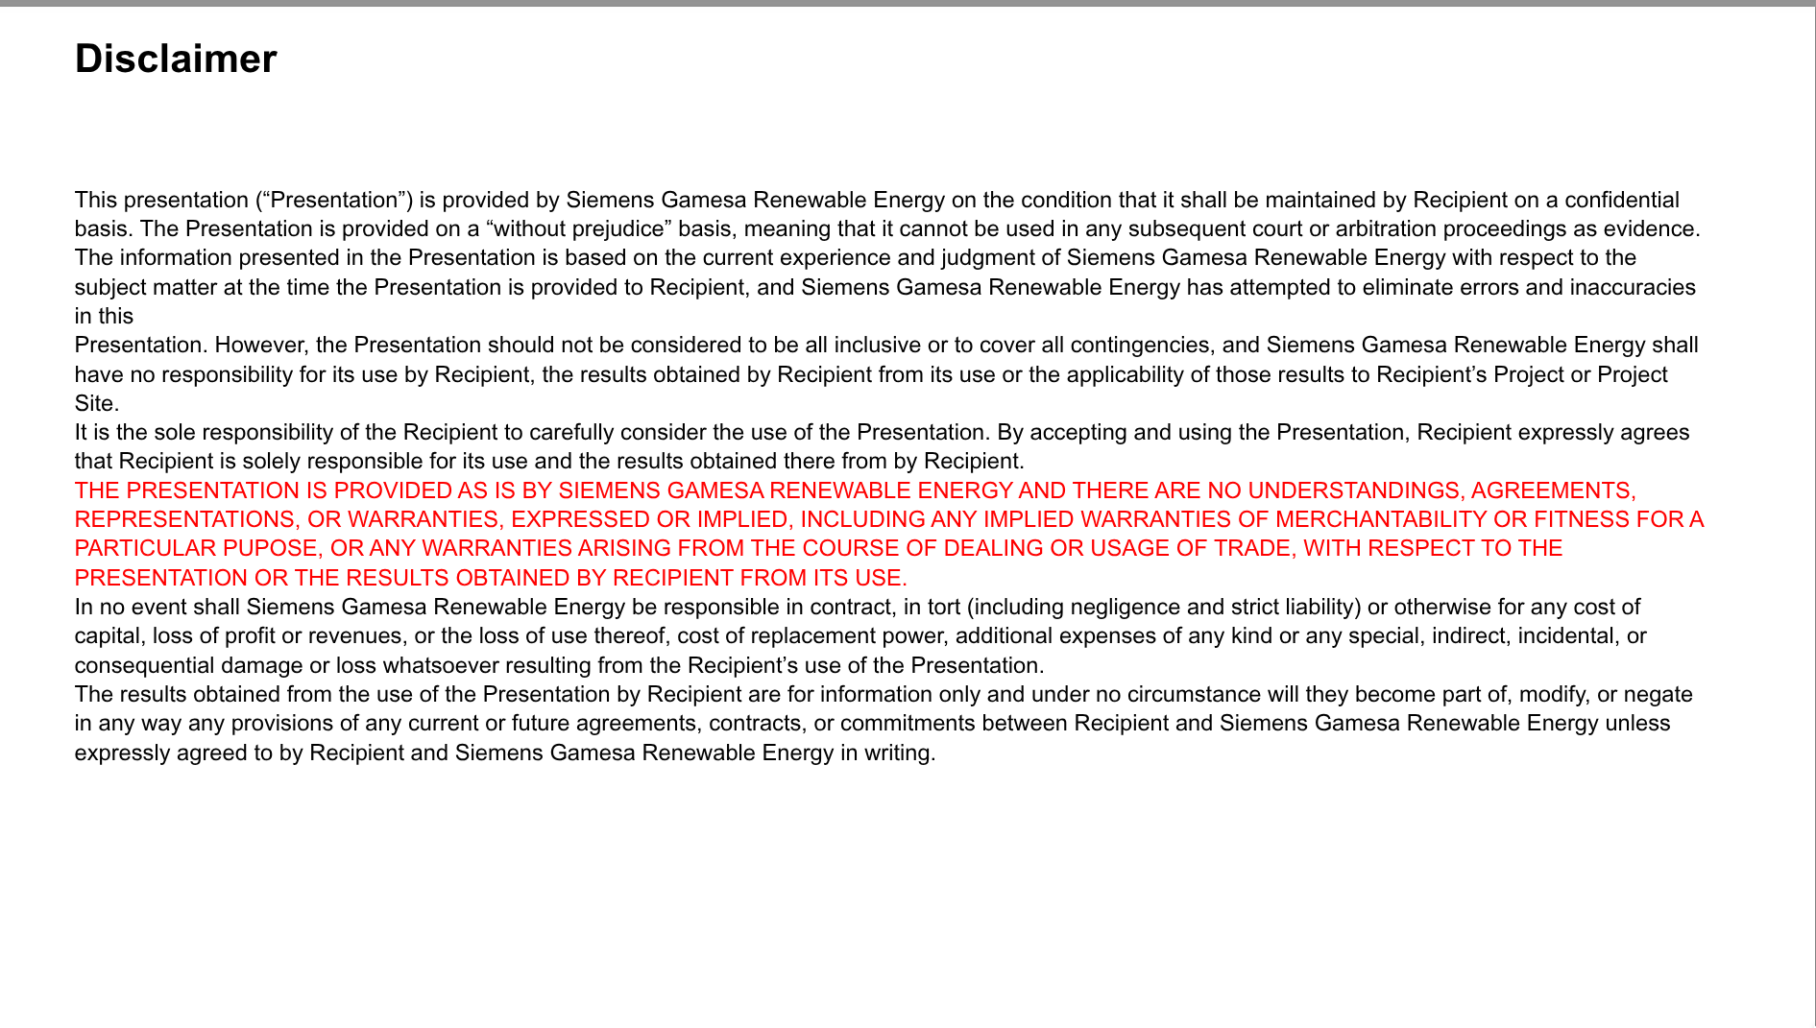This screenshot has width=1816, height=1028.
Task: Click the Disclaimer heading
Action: tap(176, 60)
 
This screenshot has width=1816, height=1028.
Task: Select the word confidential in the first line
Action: tap(1622, 200)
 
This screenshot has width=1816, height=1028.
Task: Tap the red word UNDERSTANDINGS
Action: tap(1355, 490)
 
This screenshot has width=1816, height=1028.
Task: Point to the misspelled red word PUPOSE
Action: tap(272, 548)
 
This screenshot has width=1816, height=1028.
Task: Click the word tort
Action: tap(945, 607)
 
